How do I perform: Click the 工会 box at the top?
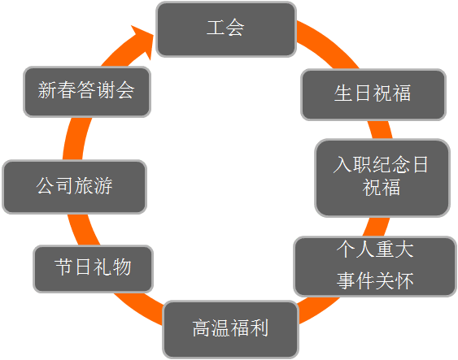(x=226, y=29)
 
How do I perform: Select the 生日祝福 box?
(x=373, y=94)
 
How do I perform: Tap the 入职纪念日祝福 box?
(x=382, y=178)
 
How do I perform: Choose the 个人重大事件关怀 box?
(x=375, y=267)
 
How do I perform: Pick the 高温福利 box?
(x=231, y=330)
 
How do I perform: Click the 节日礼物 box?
(x=94, y=269)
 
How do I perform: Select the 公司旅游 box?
(x=75, y=187)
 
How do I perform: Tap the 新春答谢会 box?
(x=87, y=92)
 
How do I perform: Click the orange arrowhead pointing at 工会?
(x=142, y=41)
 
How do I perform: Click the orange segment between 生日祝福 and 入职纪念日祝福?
(x=380, y=129)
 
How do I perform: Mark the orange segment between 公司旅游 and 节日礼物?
(x=82, y=230)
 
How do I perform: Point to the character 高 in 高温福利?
(x=202, y=328)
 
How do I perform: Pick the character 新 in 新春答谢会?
(x=47, y=90)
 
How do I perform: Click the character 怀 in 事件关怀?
(x=404, y=280)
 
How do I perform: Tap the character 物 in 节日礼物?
(x=122, y=267)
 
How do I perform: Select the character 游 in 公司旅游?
(x=103, y=185)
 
